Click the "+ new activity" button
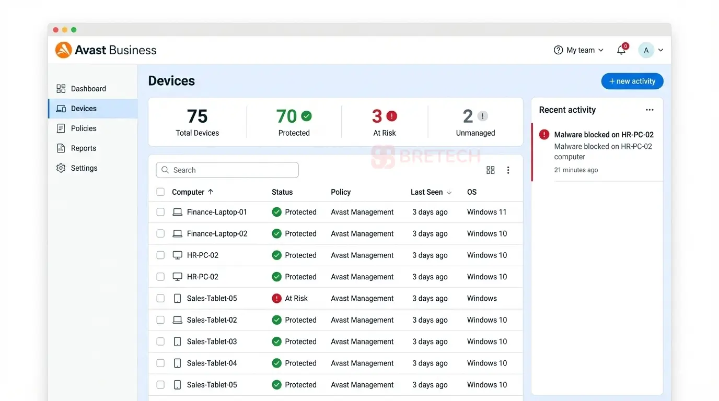(x=632, y=81)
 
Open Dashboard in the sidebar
(x=88, y=89)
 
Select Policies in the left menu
(x=84, y=128)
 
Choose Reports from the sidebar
(x=83, y=148)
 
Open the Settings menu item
(x=84, y=168)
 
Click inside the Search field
(x=227, y=170)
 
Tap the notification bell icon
(x=621, y=50)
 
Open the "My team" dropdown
(x=579, y=50)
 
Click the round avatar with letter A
(x=646, y=50)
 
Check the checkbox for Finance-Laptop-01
(x=160, y=212)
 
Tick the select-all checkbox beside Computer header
(x=160, y=192)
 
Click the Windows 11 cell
(x=486, y=212)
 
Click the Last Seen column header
(x=426, y=192)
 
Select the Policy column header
(x=341, y=192)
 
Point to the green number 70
(x=286, y=116)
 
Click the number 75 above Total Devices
(x=197, y=116)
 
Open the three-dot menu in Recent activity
(x=650, y=110)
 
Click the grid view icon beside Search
(x=490, y=170)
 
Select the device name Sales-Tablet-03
(x=212, y=341)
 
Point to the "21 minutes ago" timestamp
(x=576, y=170)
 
